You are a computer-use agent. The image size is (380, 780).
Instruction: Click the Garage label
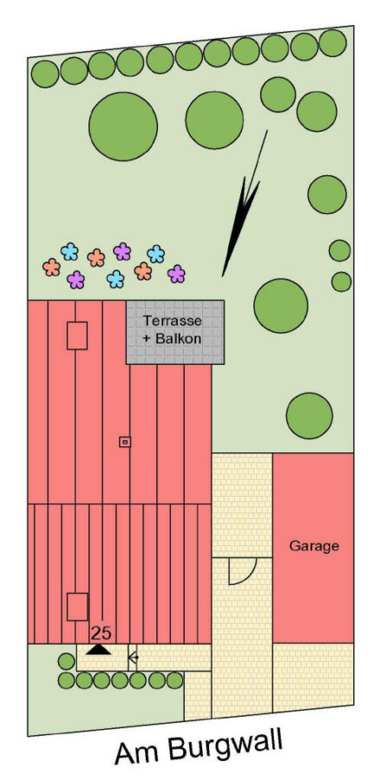click(x=314, y=546)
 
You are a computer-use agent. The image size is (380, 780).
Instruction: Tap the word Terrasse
click(x=173, y=321)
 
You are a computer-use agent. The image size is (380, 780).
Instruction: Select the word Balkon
click(x=178, y=339)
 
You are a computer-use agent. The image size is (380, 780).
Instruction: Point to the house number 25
click(x=102, y=634)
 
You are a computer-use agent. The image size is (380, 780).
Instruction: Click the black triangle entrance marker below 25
click(x=99, y=649)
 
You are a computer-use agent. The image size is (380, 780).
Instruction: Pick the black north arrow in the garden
click(x=244, y=204)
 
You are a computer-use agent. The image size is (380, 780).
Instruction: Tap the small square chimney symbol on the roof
click(x=125, y=441)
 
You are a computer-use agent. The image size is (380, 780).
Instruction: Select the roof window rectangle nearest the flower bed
click(x=77, y=335)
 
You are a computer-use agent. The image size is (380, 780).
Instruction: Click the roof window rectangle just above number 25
click(x=77, y=607)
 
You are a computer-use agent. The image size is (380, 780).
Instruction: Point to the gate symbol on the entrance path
click(x=133, y=658)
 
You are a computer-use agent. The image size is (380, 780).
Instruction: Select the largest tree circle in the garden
click(x=123, y=127)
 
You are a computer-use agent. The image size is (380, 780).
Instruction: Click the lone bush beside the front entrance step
click(x=66, y=661)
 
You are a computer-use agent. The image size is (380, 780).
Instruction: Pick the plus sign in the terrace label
click(x=147, y=339)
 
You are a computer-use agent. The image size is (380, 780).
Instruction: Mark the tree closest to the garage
click(x=309, y=416)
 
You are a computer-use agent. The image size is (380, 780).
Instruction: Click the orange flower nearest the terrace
click(x=143, y=270)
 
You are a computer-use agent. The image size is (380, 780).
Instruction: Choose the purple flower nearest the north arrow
click(x=176, y=274)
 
